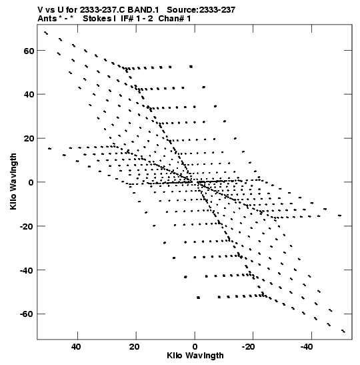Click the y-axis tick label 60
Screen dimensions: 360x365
pyautogui.click(x=29, y=51)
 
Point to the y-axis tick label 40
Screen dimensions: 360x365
pyautogui.click(x=29, y=95)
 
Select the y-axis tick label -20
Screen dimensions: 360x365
pyautogui.click(x=27, y=226)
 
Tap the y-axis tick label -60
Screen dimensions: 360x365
pyautogui.click(x=27, y=314)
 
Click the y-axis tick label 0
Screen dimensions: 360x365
pyautogui.click(x=31, y=183)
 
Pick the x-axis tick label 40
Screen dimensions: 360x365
pyautogui.click(x=76, y=347)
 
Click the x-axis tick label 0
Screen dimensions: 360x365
pyautogui.click(x=195, y=347)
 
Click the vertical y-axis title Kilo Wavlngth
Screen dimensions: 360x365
pyautogui.click(x=13, y=181)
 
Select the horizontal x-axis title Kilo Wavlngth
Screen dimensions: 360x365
pyautogui.click(x=195, y=356)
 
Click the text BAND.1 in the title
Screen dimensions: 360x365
pyautogui.click(x=143, y=10)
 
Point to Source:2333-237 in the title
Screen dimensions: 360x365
pyautogui.click(x=201, y=10)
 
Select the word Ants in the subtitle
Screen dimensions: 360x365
pyautogui.click(x=47, y=19)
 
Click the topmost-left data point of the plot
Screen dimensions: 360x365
pyautogui.click(x=46, y=33)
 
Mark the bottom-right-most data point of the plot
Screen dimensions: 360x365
pyautogui.click(x=343, y=331)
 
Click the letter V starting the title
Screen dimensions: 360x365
pyautogui.click(x=41, y=10)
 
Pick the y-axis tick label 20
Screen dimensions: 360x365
pyautogui.click(x=29, y=139)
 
